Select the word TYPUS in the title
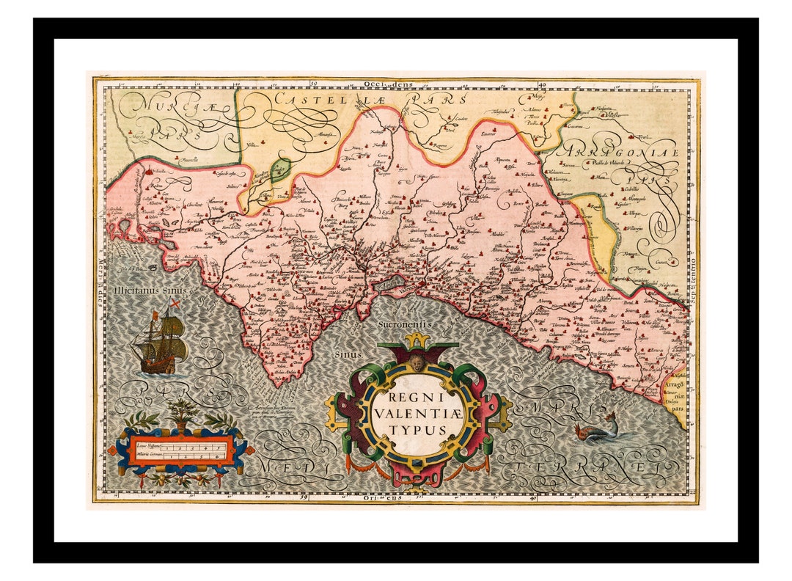pos(416,429)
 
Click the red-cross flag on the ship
pos(175,302)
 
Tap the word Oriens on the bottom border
pos(381,497)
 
